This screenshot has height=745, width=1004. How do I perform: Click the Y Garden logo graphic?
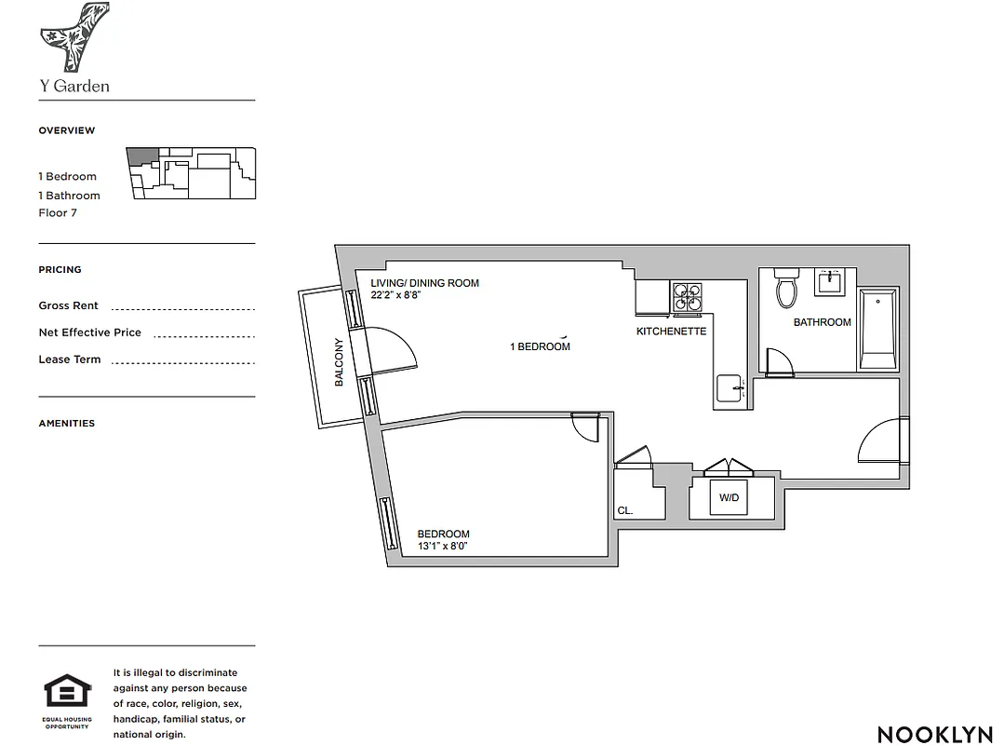click(x=74, y=36)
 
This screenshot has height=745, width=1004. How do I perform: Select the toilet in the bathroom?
click(x=787, y=290)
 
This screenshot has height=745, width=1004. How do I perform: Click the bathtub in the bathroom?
click(x=877, y=329)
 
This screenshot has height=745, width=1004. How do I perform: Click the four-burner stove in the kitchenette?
click(x=688, y=296)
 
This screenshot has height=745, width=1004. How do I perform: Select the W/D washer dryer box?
click(x=729, y=498)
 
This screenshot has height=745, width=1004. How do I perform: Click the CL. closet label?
click(x=625, y=510)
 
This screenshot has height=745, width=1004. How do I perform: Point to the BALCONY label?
click(x=340, y=362)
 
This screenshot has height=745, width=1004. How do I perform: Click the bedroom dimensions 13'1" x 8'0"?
click(x=442, y=547)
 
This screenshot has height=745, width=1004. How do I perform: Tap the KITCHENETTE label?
click(x=671, y=332)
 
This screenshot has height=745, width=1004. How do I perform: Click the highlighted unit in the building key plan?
click(x=142, y=156)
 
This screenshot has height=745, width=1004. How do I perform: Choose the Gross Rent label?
click(x=68, y=305)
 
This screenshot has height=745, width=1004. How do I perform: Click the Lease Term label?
click(x=69, y=359)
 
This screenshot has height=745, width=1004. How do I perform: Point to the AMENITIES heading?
click(x=66, y=423)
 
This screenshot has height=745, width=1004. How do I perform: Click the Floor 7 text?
click(x=58, y=213)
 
